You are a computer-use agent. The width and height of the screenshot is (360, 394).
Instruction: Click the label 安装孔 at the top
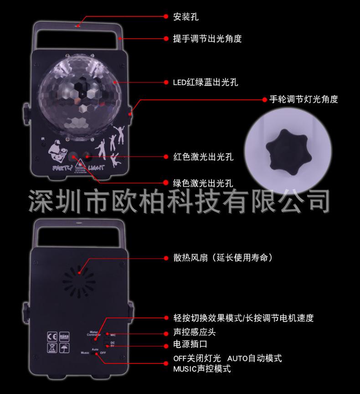(x=186, y=17)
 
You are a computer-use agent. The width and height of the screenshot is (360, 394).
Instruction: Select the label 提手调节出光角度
(x=207, y=39)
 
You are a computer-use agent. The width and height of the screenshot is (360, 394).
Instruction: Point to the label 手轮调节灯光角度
(x=303, y=99)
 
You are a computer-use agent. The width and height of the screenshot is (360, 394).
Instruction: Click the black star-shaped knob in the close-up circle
(x=283, y=148)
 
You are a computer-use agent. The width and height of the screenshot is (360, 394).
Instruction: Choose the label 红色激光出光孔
(x=203, y=157)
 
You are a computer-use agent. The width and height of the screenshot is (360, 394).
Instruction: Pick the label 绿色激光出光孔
(x=203, y=183)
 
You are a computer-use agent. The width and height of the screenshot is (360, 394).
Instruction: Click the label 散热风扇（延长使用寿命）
(x=223, y=258)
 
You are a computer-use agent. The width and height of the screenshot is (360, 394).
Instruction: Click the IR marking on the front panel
(x=42, y=140)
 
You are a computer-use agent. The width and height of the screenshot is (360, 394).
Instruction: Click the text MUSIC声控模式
(x=202, y=368)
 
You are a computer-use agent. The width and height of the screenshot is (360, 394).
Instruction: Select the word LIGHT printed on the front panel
(x=97, y=167)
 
